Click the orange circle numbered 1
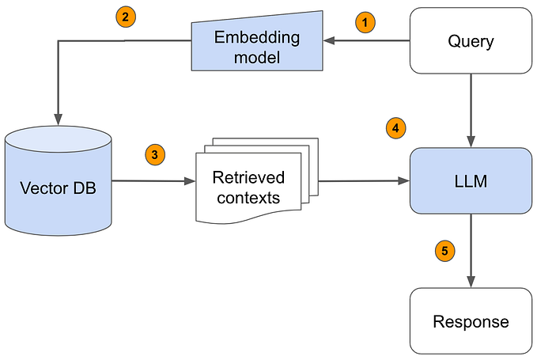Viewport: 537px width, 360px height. click(x=365, y=22)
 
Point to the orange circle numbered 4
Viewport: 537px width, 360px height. click(x=395, y=127)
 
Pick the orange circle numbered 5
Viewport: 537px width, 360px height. click(x=446, y=251)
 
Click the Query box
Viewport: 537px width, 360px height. click(x=471, y=40)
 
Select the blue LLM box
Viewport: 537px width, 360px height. click(x=471, y=180)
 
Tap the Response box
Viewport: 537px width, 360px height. click(x=471, y=320)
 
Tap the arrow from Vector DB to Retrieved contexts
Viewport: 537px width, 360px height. click(x=153, y=181)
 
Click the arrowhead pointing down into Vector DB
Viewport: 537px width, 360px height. click(x=58, y=112)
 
